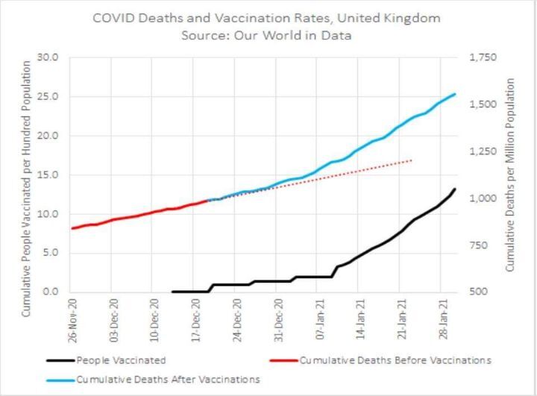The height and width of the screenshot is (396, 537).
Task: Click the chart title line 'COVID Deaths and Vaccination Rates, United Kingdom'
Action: pyautogui.click(x=266, y=17)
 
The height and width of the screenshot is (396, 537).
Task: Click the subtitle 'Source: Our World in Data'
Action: pyautogui.click(x=266, y=35)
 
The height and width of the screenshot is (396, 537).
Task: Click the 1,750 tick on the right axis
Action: pyautogui.click(x=480, y=58)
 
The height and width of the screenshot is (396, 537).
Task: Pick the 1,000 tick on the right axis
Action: pyautogui.click(x=480, y=198)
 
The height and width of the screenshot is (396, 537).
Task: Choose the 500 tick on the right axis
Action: pyautogui.click(x=475, y=292)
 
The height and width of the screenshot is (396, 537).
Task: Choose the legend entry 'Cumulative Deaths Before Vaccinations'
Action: pyautogui.click(x=395, y=361)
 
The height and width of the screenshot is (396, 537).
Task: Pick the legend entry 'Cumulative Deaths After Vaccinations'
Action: pyautogui.click(x=168, y=380)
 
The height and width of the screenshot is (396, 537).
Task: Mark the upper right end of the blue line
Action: pyautogui.click(x=455, y=94)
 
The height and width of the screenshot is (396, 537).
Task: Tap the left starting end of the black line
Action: pyautogui.click(x=172, y=292)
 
